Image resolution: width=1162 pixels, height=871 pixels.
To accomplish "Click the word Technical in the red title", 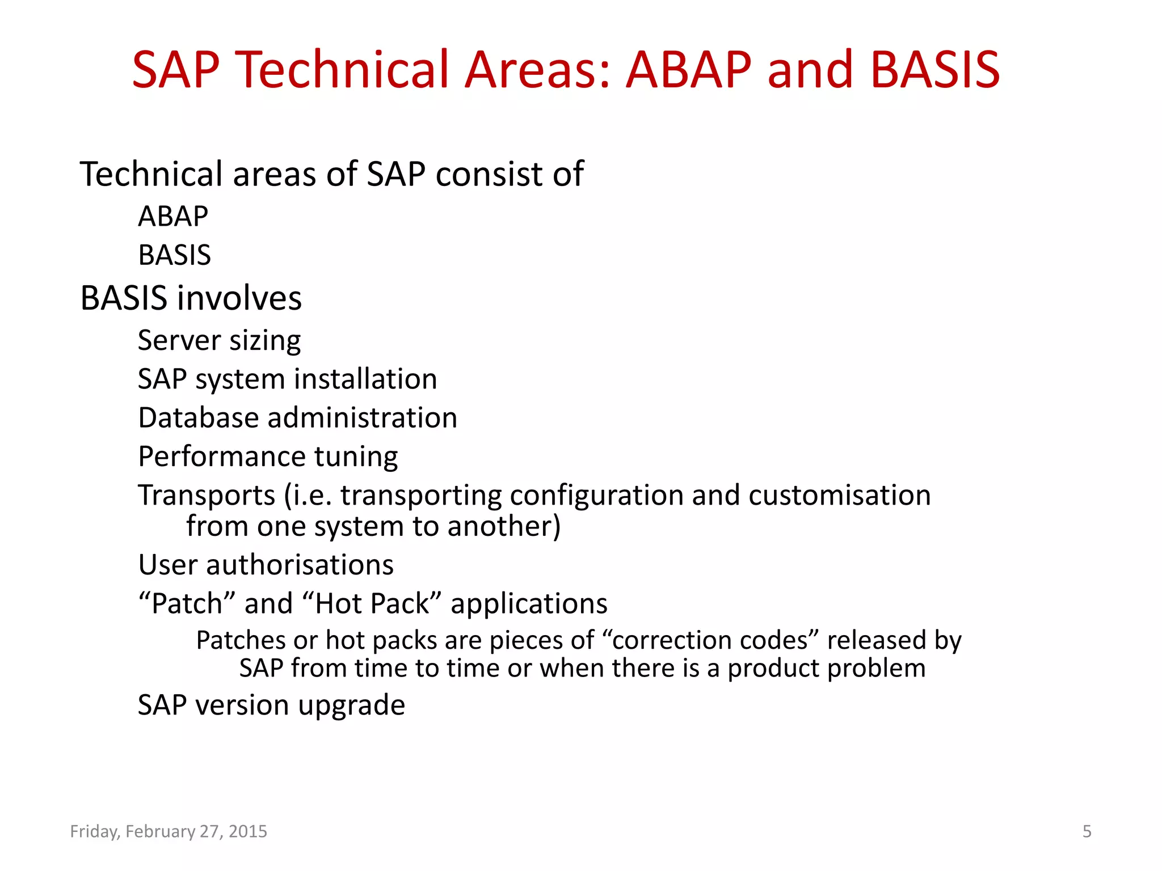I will pos(343,70).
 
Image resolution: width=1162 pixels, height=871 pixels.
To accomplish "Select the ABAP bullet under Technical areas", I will pos(173,217).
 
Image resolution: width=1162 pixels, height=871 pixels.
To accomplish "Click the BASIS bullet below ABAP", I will pos(175,255).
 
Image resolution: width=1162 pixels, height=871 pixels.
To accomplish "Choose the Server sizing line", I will pos(219,341).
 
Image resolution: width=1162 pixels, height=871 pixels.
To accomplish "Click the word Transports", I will pos(207,496).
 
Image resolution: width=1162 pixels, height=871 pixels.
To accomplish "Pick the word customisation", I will pos(839,496).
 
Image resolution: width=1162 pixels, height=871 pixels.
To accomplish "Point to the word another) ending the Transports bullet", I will pos(504,526).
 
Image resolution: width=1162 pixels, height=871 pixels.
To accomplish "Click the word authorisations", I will pos(300,565).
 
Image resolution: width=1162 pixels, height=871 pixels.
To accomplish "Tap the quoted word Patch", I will pos(187,603).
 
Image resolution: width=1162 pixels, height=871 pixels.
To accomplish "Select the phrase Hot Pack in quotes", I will pos(372,603).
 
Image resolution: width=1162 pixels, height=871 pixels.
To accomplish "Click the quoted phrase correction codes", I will pos(709,640).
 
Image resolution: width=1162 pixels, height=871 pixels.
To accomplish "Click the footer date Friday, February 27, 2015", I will pos(169,831).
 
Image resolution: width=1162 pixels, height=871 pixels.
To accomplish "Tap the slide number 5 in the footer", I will pos(1087,831).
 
